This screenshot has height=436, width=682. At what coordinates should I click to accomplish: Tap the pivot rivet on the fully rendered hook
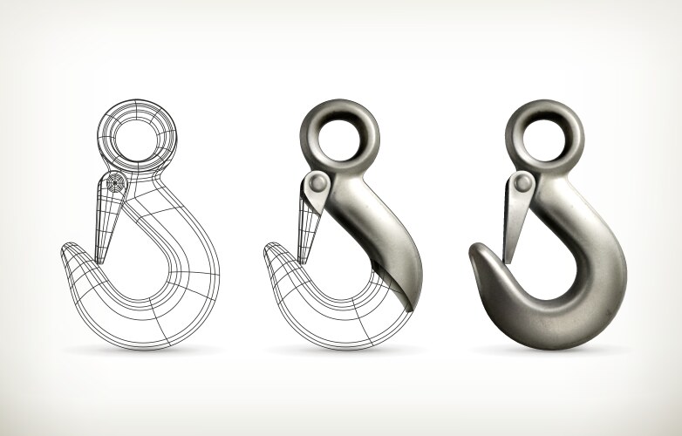522,182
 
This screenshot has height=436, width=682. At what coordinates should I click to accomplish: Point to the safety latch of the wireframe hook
106,222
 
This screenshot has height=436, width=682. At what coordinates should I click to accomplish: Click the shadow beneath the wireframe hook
140,351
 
